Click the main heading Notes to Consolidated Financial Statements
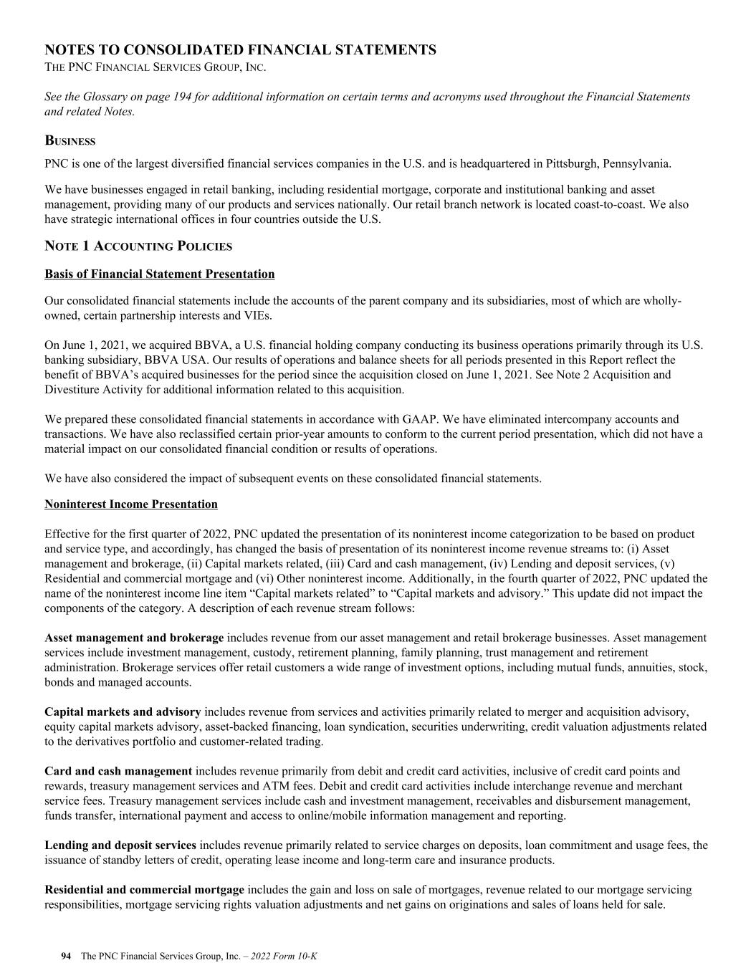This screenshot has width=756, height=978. point(240,49)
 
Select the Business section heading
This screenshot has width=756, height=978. point(70,141)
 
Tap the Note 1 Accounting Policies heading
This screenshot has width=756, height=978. point(138,246)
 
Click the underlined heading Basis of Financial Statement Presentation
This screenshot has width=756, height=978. point(159,274)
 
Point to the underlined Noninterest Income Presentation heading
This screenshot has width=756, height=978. point(130,504)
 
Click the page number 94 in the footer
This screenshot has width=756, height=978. point(66,956)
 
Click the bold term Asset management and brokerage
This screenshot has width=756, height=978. point(134,638)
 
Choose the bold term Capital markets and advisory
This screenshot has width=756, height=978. point(123,711)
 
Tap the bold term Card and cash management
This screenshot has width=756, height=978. point(118,771)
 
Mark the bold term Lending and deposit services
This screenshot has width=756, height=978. point(120,845)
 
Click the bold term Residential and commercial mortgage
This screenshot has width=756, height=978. point(144,890)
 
